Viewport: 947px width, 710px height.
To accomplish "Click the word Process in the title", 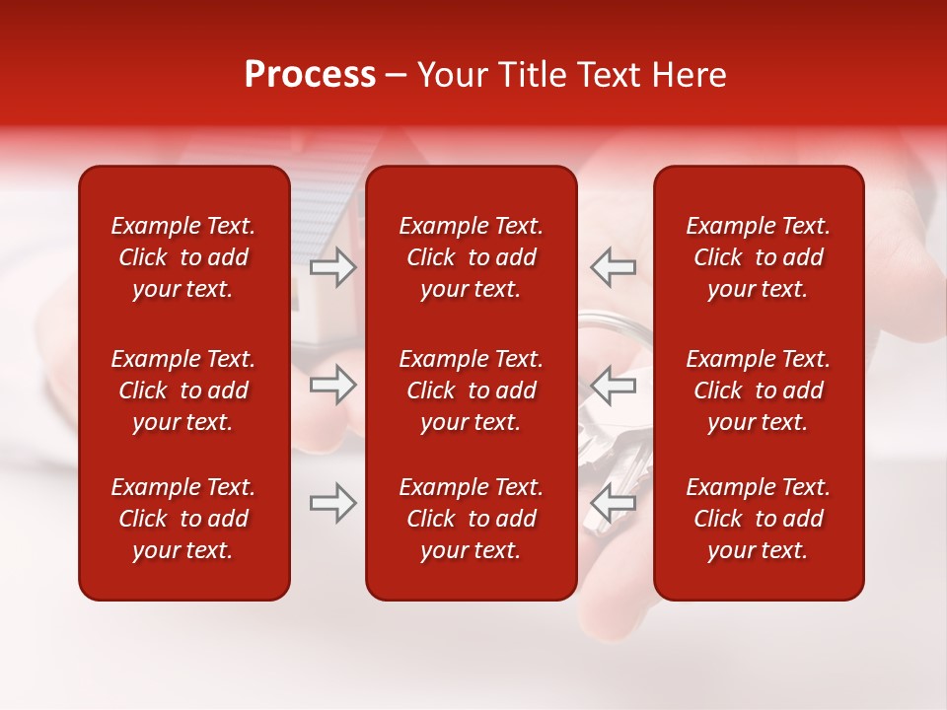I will [310, 75].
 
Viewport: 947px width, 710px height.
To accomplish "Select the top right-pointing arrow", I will [332, 266].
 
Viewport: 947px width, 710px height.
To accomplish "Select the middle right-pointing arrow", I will [332, 385].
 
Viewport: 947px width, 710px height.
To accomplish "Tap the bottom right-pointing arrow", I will [332, 503].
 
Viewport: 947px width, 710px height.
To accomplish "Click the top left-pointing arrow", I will [614, 266].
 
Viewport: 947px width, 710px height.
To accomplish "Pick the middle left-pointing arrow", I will [614, 385].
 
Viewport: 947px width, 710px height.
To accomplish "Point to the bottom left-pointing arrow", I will [614, 503].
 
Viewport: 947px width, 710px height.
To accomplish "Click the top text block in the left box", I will [183, 257].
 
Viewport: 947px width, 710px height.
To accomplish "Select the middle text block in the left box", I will [183, 390].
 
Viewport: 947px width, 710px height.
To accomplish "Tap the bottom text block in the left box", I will [183, 519].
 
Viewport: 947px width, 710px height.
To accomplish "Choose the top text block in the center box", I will [472, 257].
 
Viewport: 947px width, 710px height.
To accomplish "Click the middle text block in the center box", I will [472, 390].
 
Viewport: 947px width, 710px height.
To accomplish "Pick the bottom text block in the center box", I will [472, 519].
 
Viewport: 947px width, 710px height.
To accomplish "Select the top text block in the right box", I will [759, 257].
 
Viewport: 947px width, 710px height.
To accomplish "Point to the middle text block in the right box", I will [759, 390].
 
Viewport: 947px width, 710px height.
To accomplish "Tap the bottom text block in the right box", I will [759, 519].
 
